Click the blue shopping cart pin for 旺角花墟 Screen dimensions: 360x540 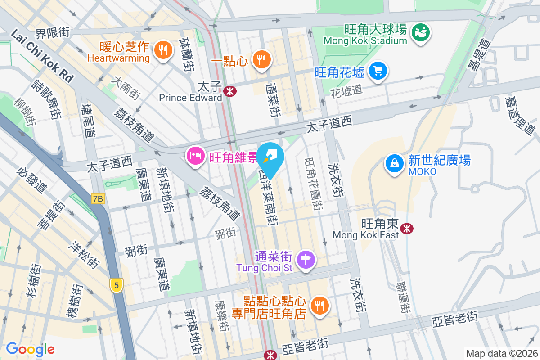[378, 71]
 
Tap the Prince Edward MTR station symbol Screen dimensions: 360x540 [230, 92]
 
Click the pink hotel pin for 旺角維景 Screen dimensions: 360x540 [194, 157]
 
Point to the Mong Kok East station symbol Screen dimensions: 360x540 [407, 229]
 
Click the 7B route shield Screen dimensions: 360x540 [98, 199]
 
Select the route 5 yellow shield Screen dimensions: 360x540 [117, 285]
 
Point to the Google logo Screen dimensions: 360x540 [30, 349]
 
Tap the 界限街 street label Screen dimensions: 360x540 [53, 32]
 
